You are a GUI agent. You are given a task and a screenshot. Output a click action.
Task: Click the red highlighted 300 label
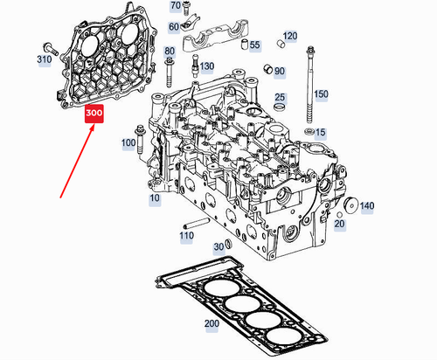(94, 114)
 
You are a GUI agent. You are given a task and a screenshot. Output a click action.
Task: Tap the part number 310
(45, 59)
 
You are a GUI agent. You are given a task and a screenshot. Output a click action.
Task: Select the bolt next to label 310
(51, 49)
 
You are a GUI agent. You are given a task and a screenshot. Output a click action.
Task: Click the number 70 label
(176, 5)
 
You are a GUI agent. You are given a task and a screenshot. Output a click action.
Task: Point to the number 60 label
(174, 27)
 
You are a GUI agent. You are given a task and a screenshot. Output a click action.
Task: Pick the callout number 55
(254, 45)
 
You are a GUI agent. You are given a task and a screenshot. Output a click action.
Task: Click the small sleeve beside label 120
(281, 44)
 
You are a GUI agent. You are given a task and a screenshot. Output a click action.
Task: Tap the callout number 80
(170, 52)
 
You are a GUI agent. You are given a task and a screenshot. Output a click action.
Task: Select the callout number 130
(207, 66)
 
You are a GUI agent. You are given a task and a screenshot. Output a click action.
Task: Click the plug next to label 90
(268, 69)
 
